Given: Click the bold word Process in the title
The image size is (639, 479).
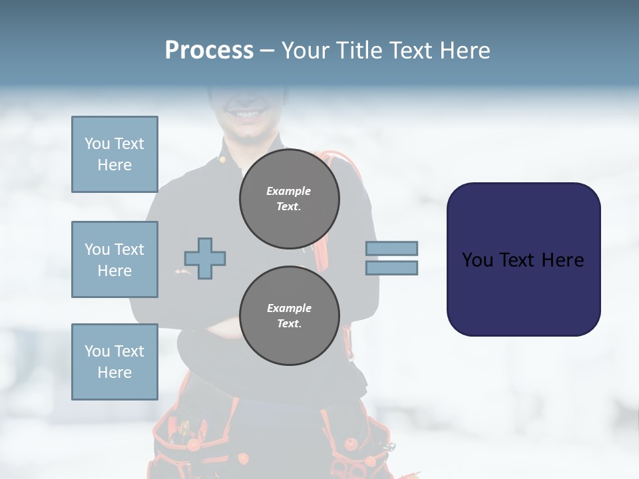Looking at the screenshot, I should click(209, 50).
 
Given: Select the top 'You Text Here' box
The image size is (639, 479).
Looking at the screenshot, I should click(114, 154).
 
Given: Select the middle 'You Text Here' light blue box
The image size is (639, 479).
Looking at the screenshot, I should click(114, 259).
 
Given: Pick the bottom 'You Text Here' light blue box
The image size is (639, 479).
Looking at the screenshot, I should click(114, 362).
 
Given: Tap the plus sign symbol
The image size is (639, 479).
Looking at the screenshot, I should click(205, 258).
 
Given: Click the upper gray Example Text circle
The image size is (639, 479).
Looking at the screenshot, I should click(290, 199).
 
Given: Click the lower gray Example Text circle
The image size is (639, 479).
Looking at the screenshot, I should click(290, 316).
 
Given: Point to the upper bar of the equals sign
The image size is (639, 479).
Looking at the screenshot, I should click(392, 248).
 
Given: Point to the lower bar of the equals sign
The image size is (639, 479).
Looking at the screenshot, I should click(392, 267).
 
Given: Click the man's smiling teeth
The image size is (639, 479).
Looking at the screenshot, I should click(246, 115).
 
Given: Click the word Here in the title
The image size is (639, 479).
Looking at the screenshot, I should click(465, 50).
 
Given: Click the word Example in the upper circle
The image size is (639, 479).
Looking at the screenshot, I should click(289, 191).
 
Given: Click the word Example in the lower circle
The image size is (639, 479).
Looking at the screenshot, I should click(289, 308).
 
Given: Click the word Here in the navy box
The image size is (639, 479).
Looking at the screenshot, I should click(562, 260).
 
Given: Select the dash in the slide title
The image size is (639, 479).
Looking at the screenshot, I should click(268, 51).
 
